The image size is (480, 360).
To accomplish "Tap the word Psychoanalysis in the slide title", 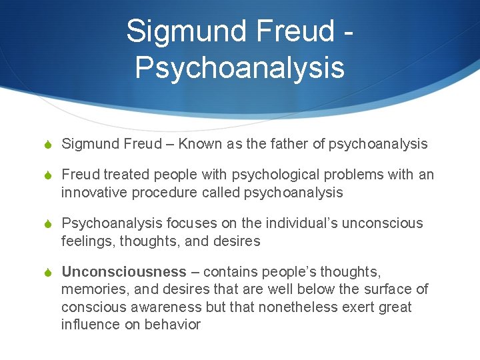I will tap(239, 68).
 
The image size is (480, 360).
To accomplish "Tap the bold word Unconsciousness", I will tap(124, 272).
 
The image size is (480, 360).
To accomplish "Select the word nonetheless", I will tap(303, 307).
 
